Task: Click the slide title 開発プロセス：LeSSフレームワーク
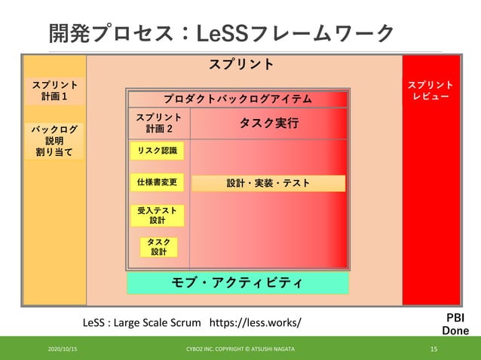(222, 33)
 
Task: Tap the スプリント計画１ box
(55, 91)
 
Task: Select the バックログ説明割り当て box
(55, 141)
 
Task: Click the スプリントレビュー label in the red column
(430, 91)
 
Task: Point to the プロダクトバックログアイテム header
(237, 99)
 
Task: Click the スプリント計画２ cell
(158, 124)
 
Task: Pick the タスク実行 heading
(268, 124)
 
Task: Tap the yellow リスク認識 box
(157, 151)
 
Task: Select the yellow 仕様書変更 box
(157, 182)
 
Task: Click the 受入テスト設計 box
(157, 216)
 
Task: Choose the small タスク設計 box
(158, 247)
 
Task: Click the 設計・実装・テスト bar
(268, 183)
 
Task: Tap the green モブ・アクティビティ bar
(237, 283)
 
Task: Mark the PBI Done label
(455, 325)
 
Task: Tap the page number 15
(434, 349)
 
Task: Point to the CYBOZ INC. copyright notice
(240, 349)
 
